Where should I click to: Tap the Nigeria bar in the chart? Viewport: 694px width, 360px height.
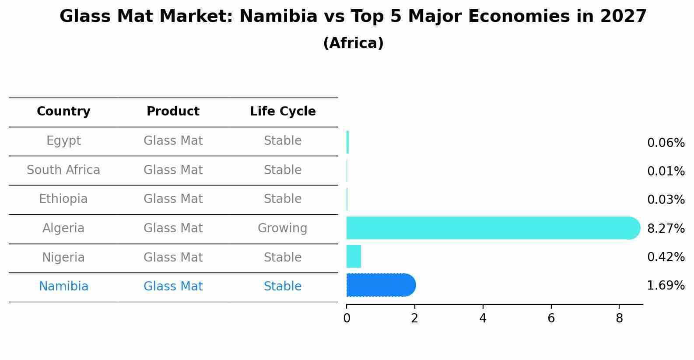[x=354, y=256]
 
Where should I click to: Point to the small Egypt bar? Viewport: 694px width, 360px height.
[x=347, y=142]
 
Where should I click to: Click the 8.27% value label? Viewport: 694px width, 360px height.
[x=666, y=228]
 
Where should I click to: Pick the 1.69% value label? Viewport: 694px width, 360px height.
[x=666, y=286]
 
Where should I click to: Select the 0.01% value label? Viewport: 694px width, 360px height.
[x=666, y=171]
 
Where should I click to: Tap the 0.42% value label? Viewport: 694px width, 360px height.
[x=666, y=257]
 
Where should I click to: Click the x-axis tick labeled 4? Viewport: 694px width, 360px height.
[x=483, y=318]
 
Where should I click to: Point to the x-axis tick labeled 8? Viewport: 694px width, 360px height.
[x=619, y=318]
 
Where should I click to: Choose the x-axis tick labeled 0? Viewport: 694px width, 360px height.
[x=347, y=318]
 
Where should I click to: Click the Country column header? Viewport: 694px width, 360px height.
[x=63, y=112]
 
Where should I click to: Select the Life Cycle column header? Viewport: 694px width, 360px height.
[x=283, y=112]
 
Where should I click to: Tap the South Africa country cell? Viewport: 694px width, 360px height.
[x=63, y=170]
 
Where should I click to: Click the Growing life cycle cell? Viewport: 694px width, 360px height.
[x=282, y=228]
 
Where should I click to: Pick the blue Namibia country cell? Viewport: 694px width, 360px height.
[x=63, y=287]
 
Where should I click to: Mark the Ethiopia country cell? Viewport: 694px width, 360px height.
[x=63, y=199]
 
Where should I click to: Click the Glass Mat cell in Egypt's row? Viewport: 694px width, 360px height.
[x=173, y=141]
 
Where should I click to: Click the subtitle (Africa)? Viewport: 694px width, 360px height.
[x=353, y=43]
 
